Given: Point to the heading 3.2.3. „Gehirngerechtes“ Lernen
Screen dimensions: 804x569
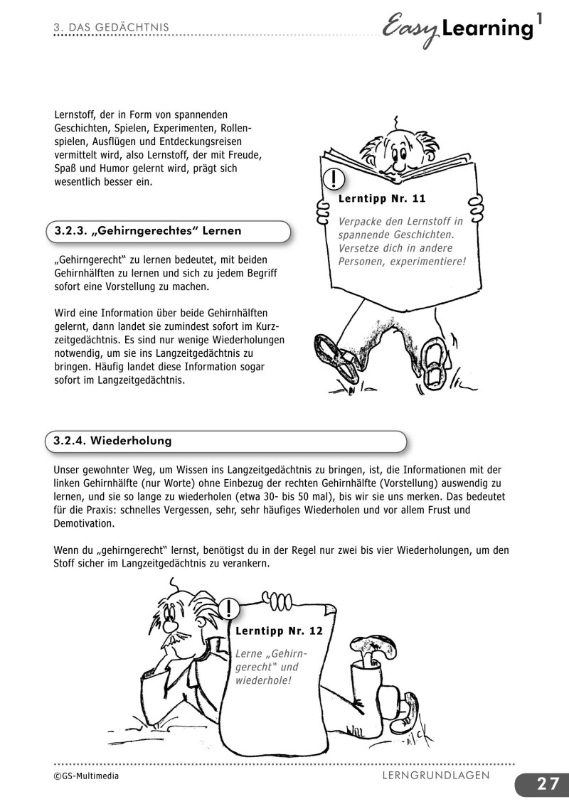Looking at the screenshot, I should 148,231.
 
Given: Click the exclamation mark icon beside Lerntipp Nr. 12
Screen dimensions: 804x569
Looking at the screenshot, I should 230,609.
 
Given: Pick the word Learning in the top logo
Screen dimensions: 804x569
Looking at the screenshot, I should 486,30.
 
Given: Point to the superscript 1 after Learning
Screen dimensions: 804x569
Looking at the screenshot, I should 541,21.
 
